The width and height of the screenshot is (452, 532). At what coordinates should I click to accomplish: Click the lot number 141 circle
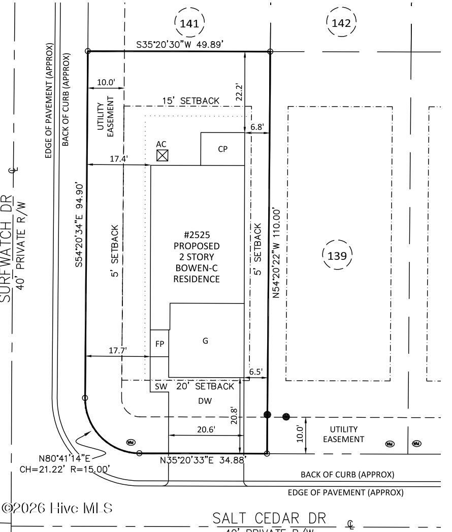pyautogui.click(x=189, y=22)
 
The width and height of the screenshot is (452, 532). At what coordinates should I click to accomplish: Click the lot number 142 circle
pyautogui.click(x=341, y=22)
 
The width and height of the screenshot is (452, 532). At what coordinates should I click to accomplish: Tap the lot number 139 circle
pyautogui.click(x=337, y=255)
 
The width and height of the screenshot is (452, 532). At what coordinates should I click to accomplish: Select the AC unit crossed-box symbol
pyautogui.click(x=162, y=155)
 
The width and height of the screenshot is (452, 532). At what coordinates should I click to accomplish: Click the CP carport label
pyautogui.click(x=222, y=149)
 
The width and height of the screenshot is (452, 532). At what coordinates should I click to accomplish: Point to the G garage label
pyautogui.click(x=206, y=341)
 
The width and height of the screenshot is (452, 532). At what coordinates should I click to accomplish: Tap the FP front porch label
pyautogui.click(x=159, y=344)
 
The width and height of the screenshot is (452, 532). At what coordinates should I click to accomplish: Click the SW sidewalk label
pyautogui.click(x=160, y=386)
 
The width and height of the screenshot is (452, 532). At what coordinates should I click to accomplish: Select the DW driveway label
pyautogui.click(x=205, y=401)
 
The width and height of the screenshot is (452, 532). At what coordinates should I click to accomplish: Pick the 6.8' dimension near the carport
pyautogui.click(x=256, y=127)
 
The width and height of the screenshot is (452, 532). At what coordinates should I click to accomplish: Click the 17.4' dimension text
pyautogui.click(x=119, y=159)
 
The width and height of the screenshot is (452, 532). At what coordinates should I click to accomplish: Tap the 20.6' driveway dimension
pyautogui.click(x=205, y=429)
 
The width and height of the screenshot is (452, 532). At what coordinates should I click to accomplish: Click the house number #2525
pyautogui.click(x=197, y=235)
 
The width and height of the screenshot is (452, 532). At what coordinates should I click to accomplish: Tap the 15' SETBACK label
pyautogui.click(x=191, y=101)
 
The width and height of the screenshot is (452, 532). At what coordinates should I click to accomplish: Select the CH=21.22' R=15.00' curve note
pyautogui.click(x=64, y=470)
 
